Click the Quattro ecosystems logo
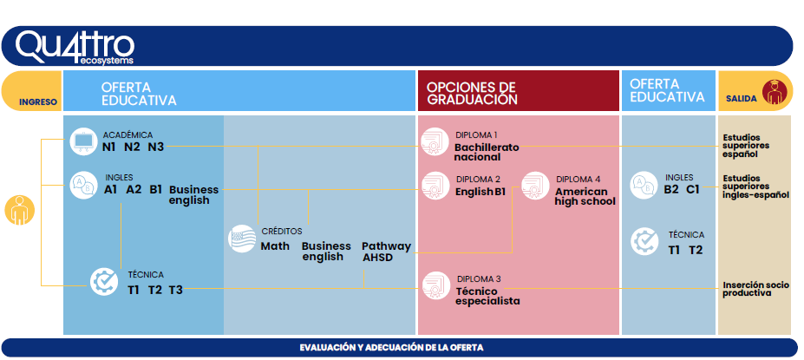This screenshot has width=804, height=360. (x=75, y=48)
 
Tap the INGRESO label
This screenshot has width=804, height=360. (x=38, y=101)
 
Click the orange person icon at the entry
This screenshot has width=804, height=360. (x=19, y=210)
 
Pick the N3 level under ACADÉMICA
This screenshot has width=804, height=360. (x=156, y=147)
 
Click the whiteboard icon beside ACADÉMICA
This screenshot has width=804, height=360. (x=83, y=141)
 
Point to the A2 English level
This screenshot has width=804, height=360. (x=134, y=189)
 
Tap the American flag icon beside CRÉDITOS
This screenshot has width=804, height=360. (x=242, y=239)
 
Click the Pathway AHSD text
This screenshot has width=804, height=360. (x=386, y=252)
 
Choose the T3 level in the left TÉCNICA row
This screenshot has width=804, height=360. (x=175, y=290)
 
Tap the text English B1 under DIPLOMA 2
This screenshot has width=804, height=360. (x=480, y=192)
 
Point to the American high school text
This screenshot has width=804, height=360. (x=585, y=196)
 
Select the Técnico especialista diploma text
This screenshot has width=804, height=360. (x=487, y=296)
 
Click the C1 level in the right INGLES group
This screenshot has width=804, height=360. (x=693, y=189)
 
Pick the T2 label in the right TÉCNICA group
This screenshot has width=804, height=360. (x=696, y=250)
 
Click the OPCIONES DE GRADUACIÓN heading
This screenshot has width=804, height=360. (x=471, y=93)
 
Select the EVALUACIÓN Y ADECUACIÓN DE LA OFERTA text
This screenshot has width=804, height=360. (x=391, y=348)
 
